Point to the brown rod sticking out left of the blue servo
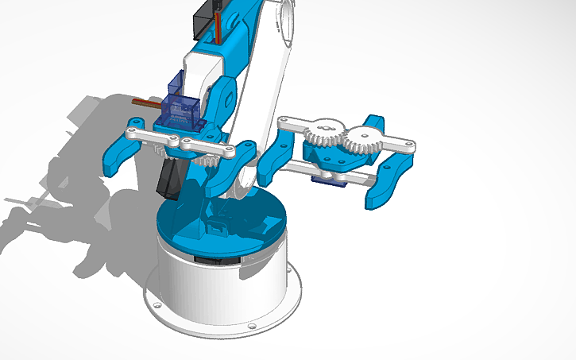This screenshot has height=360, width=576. click(147, 104)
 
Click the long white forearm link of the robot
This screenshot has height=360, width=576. click(262, 87)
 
